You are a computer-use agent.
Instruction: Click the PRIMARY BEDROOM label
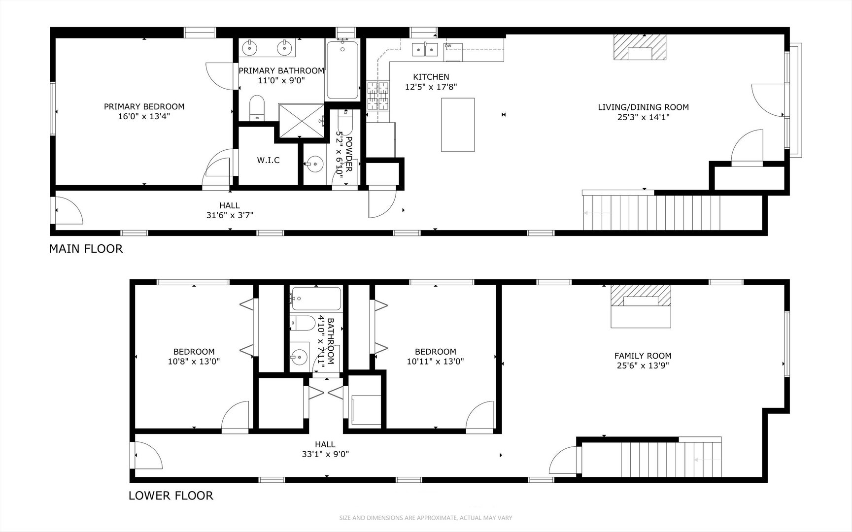(x=144, y=106)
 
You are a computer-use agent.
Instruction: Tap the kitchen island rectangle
(x=458, y=125)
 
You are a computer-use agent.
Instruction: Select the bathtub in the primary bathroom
(x=341, y=70)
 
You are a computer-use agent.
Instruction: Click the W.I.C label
(x=268, y=160)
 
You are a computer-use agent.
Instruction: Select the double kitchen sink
(x=425, y=49)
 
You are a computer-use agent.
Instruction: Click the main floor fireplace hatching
(x=639, y=47)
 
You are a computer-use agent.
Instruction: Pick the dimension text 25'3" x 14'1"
(x=643, y=117)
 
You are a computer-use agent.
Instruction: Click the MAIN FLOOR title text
(x=86, y=249)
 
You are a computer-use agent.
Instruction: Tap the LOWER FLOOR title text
(x=170, y=496)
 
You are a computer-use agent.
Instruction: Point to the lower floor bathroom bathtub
(x=315, y=298)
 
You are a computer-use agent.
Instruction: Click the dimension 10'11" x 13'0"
(x=435, y=361)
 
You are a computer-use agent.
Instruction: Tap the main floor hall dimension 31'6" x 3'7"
(x=230, y=215)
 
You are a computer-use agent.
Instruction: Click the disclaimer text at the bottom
(x=426, y=518)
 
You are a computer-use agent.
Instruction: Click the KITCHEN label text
(x=431, y=77)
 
